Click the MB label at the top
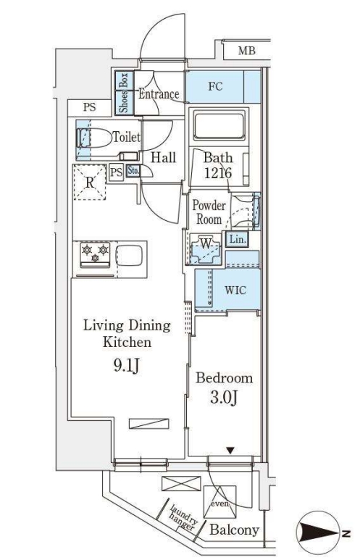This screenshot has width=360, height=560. (x=247, y=51)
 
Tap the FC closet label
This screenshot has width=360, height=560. (x=215, y=86)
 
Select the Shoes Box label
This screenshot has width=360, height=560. (x=124, y=93)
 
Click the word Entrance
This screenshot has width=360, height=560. (x=159, y=94)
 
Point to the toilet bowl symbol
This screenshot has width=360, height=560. (x=94, y=138)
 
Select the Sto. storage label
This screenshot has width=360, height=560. (x=133, y=171)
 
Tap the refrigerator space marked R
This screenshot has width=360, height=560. (x=89, y=182)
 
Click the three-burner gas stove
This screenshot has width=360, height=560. (x=95, y=254)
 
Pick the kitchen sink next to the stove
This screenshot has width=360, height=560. (x=129, y=254)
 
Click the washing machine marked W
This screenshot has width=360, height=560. (x=205, y=249)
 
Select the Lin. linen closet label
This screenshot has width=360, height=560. (x=238, y=239)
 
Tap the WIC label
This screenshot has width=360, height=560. (x=235, y=290)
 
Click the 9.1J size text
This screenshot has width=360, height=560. (x=126, y=366)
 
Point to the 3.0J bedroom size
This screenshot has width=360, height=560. (x=224, y=398)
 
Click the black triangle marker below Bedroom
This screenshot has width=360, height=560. (x=231, y=451)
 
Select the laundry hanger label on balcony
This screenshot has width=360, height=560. (x=183, y=519)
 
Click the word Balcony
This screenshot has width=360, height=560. (x=234, y=530)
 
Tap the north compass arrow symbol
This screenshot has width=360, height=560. (x=319, y=534)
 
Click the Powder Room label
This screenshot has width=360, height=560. (x=209, y=212)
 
